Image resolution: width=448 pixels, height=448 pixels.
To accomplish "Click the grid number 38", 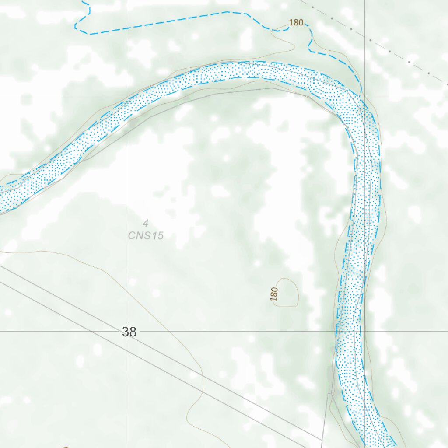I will coord(129,332).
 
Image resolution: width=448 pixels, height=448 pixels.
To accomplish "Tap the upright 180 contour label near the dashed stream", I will coord(296,22).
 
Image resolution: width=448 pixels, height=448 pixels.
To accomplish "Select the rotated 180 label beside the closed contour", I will coord(274,294).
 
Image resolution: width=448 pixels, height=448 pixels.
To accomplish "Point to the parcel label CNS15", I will coord(146,236).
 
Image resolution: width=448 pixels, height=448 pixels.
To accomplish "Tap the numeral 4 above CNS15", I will coord(145,224).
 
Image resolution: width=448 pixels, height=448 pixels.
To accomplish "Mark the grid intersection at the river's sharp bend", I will coord(365,96).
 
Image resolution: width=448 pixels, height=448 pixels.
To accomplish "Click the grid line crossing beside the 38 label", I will coord(365,332).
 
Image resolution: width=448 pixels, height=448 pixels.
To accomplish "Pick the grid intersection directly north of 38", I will coord(129,96).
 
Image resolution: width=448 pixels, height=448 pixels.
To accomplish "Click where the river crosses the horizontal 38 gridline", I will coord(349,332).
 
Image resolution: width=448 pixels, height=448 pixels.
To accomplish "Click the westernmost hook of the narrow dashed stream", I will coord(76,25).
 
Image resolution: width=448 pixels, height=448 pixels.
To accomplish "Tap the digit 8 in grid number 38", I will coord(133,332).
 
